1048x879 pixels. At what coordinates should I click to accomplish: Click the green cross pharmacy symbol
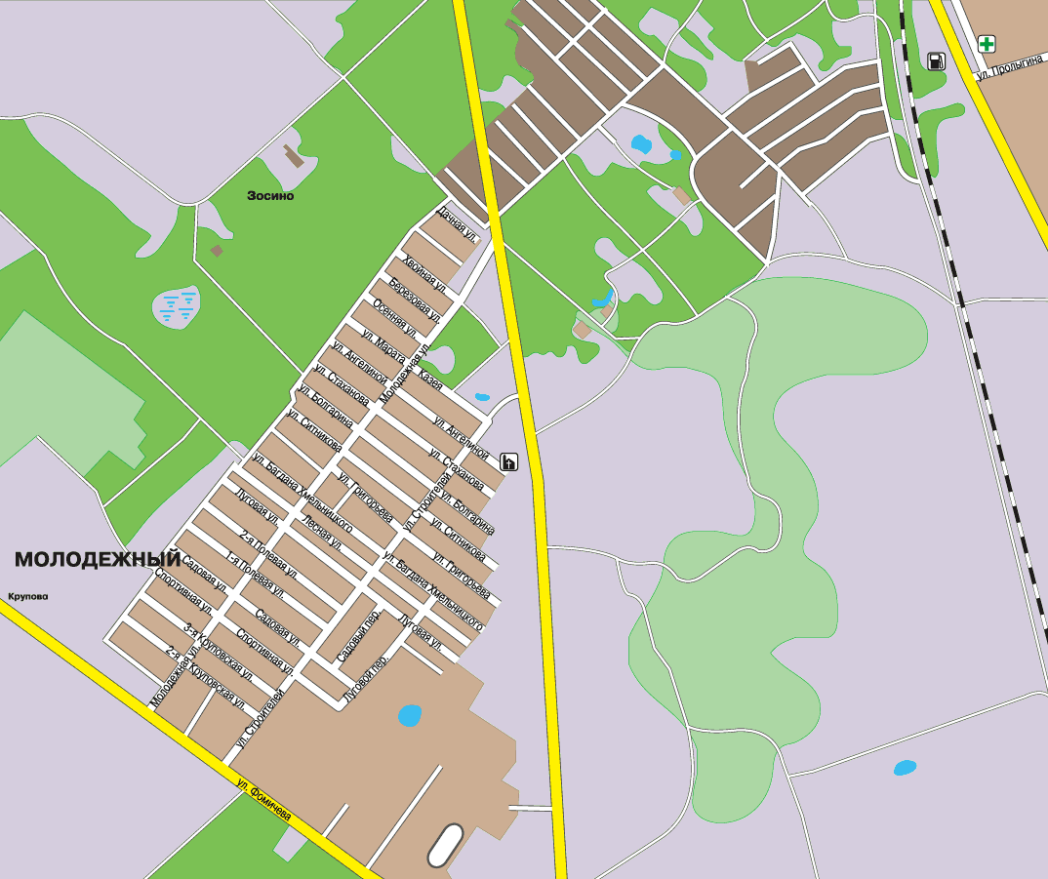coord(988,43)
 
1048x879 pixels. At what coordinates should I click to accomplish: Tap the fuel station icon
coord(936,61)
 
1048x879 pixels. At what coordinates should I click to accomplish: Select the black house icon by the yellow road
coord(508,461)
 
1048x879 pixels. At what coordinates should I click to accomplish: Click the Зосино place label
coord(270,195)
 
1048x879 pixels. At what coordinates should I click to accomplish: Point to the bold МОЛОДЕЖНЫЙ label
coord(98,559)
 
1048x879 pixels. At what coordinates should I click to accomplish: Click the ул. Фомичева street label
coord(263,799)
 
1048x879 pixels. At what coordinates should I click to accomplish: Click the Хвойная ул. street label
coord(423,272)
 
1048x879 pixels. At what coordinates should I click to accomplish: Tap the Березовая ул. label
coord(415,300)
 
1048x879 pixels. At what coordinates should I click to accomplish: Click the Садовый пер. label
coord(358,639)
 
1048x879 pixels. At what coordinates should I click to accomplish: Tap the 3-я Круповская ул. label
coord(220,652)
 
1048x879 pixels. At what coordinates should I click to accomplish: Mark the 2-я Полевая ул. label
coord(268,551)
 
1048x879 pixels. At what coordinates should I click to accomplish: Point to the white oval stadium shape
coord(446,845)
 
